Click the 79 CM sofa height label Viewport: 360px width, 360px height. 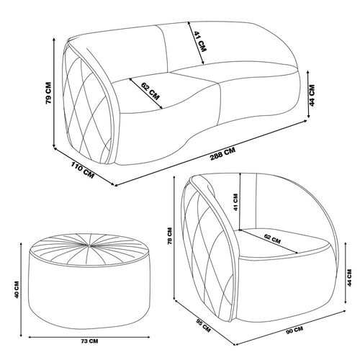[x=48, y=93]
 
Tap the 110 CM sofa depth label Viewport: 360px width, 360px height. [x=82, y=170]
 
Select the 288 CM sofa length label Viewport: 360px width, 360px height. [x=222, y=154]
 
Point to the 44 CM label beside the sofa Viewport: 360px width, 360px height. [x=312, y=95]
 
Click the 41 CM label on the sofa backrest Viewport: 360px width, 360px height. [x=200, y=42]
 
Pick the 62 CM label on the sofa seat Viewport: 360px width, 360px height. [x=150, y=91]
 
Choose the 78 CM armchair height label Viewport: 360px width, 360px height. [x=170, y=236]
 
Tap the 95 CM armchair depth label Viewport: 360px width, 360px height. [x=203, y=325]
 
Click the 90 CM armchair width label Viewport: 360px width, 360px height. [x=294, y=330]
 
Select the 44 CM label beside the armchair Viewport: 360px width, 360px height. [x=349, y=278]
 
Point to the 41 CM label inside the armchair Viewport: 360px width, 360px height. [x=235, y=202]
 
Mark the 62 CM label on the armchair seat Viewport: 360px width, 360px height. [x=272, y=238]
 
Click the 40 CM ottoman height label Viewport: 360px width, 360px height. [x=17, y=289]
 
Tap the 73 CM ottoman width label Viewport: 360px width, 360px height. [x=89, y=341]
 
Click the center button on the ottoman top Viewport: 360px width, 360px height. [x=89, y=246]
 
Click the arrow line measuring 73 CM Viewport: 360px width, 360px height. [x=89, y=337]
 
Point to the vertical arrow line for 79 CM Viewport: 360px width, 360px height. [x=54, y=93]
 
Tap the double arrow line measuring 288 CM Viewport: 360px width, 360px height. [x=211, y=153]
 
